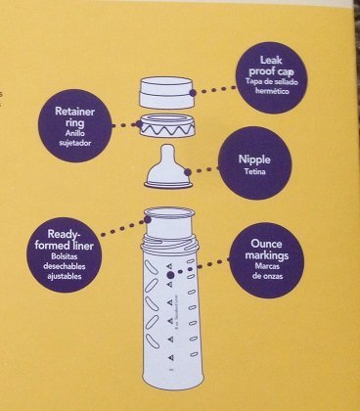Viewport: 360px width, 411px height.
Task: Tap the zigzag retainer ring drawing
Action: coord(166,125)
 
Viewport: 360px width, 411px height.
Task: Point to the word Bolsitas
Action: coord(67,259)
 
